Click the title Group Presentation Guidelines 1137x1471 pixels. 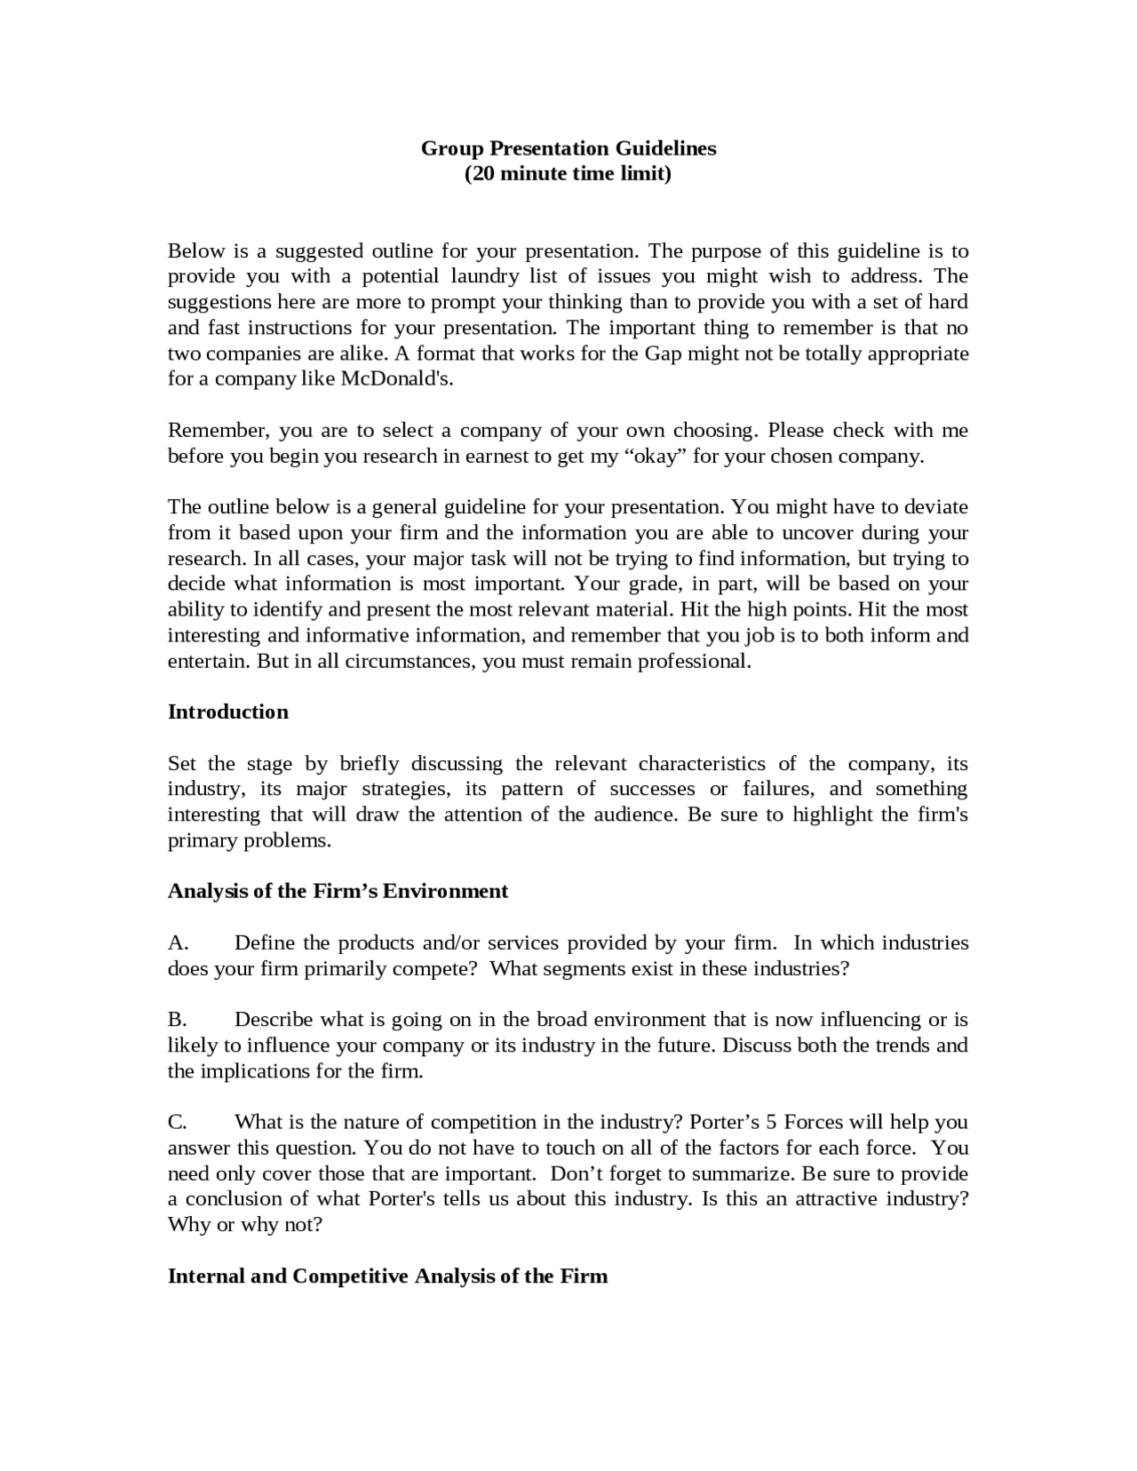point(568,148)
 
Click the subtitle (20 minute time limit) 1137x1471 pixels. point(568,173)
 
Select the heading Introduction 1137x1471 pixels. point(228,712)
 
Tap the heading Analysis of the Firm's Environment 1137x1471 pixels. point(338,892)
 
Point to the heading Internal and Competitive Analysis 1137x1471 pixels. point(387,1276)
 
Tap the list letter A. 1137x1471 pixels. point(177,943)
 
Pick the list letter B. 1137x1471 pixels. point(177,1020)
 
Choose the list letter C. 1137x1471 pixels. point(177,1123)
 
